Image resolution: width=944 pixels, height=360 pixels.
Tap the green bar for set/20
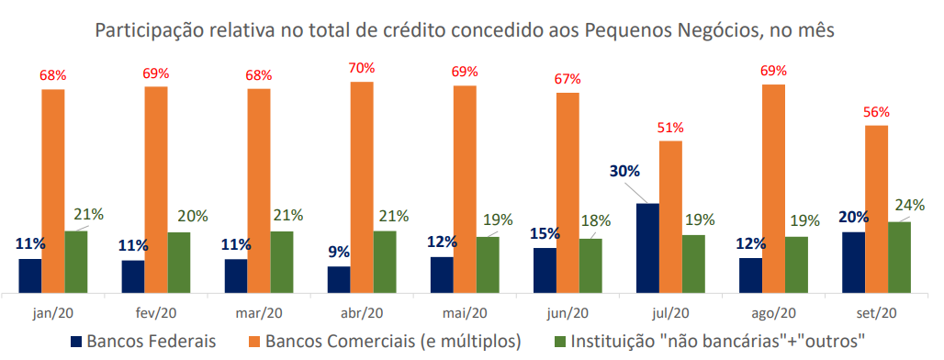point(899,257)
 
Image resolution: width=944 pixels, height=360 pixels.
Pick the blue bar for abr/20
point(339,279)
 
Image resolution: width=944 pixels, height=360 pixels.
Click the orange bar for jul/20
point(670,217)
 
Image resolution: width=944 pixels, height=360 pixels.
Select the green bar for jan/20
point(76,262)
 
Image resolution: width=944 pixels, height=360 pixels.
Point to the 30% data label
point(624,172)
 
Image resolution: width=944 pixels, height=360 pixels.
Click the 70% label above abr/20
point(362,67)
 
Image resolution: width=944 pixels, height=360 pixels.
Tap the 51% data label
point(670,127)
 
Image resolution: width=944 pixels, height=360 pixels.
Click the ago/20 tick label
point(773,312)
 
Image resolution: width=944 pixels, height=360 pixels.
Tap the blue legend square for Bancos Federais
point(76,342)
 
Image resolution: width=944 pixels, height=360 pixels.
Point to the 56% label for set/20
point(876,111)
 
